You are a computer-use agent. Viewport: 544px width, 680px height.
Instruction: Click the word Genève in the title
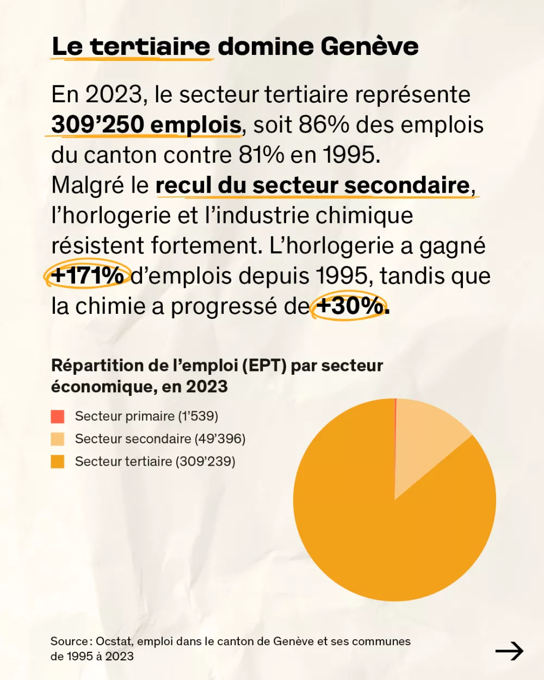pyautogui.click(x=369, y=47)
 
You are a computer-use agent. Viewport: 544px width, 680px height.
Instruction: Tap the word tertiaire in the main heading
pyautogui.click(x=150, y=47)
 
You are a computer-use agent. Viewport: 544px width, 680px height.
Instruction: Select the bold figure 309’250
pyautogui.click(x=97, y=125)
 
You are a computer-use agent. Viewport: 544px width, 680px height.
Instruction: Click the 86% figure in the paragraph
pyautogui.click(x=324, y=125)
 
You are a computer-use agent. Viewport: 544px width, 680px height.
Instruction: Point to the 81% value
pyautogui.click(x=261, y=155)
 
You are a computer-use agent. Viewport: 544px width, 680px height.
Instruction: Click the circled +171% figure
pyautogui.click(x=88, y=276)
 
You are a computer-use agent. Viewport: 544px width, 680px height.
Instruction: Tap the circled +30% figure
pyautogui.click(x=349, y=306)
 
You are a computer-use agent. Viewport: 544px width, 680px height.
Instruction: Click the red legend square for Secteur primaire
pyautogui.click(x=58, y=417)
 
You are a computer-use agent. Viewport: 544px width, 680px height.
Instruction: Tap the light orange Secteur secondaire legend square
pyautogui.click(x=58, y=439)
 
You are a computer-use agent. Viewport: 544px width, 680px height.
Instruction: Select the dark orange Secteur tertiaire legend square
pyautogui.click(x=58, y=462)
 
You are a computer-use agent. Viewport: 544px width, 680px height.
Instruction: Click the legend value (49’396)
pyautogui.click(x=220, y=439)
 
